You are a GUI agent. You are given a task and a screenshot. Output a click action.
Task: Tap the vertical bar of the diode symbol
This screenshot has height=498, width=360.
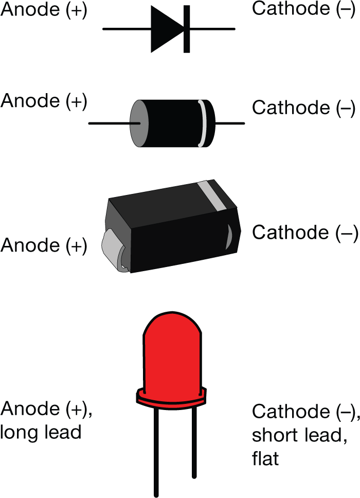[x=186, y=29]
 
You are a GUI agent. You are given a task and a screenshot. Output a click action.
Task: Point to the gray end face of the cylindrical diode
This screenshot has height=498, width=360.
[x=137, y=123]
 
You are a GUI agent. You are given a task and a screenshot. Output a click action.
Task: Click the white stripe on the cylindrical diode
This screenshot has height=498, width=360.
[x=202, y=123]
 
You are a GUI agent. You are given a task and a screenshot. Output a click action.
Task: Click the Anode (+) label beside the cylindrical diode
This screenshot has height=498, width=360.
[x=43, y=101]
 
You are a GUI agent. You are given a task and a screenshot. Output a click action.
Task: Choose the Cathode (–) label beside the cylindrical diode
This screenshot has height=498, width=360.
[x=303, y=108]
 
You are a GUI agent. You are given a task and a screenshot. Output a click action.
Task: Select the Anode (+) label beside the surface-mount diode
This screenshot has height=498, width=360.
[x=43, y=245]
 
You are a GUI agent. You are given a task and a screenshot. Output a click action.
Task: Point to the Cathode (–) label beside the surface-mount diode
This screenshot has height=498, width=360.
[x=303, y=233]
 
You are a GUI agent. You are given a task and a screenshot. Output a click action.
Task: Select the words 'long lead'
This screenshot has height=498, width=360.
[x=41, y=432]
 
